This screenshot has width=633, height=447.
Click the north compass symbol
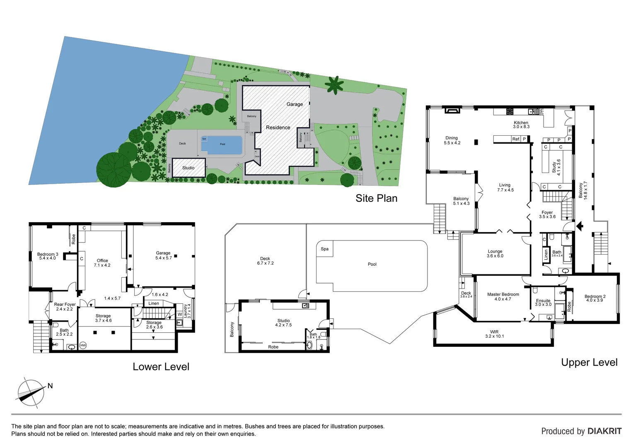click(x=31, y=392)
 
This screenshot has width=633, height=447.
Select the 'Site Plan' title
click(x=376, y=198)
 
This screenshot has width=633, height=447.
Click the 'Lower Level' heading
click(x=161, y=367)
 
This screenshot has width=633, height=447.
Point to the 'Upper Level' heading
click(x=589, y=363)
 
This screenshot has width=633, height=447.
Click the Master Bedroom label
click(x=503, y=297)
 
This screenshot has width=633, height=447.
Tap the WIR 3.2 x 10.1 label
click(x=494, y=334)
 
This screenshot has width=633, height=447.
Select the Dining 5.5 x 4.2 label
click(x=452, y=140)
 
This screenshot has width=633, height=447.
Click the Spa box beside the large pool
click(x=325, y=249)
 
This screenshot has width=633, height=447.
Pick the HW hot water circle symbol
click(x=83, y=345)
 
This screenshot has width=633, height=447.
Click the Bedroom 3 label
click(x=48, y=256)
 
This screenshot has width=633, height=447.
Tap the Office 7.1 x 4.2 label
click(x=102, y=263)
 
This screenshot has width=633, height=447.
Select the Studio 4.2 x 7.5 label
click(x=283, y=323)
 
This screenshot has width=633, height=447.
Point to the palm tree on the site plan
click(x=334, y=85)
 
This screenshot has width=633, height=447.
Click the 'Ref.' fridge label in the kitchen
click(x=516, y=139)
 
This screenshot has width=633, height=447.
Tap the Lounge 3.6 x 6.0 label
click(x=495, y=254)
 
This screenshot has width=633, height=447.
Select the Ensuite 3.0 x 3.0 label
click(x=543, y=303)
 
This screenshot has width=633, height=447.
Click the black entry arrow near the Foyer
click(x=580, y=226)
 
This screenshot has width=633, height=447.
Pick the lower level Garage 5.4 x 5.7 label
click(x=163, y=255)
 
